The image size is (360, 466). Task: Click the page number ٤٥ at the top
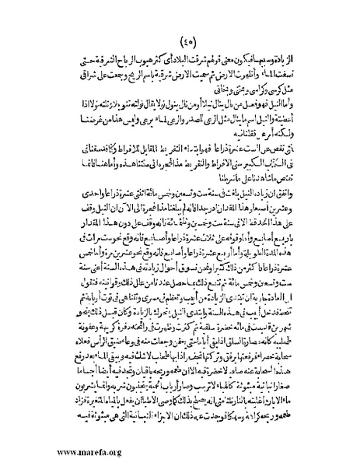(181, 41)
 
